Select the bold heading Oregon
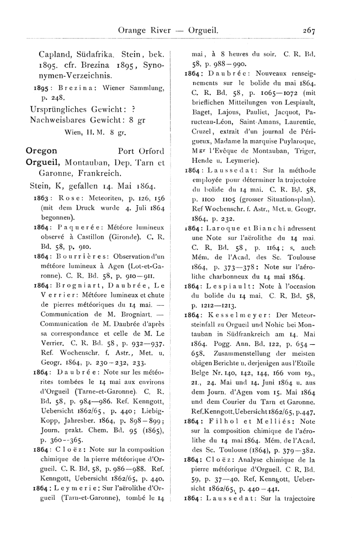click(43, 150)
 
